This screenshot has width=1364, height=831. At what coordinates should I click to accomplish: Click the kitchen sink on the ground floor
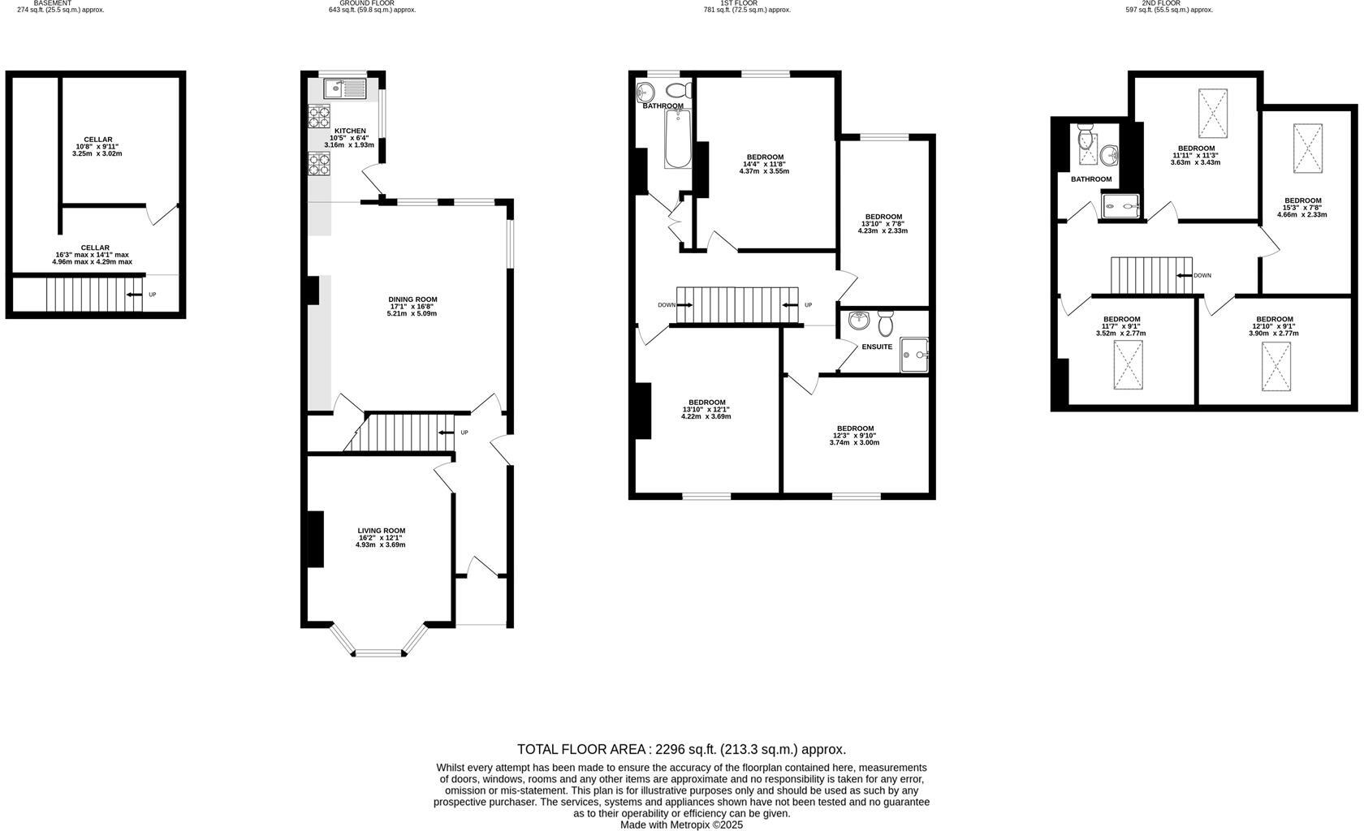tap(345, 86)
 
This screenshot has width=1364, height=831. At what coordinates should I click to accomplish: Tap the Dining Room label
tap(412, 299)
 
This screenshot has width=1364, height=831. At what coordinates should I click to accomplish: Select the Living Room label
tap(381, 531)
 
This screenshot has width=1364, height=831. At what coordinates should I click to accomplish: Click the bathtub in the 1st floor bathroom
tap(677, 140)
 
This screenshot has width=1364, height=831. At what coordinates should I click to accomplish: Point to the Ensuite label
tap(877, 347)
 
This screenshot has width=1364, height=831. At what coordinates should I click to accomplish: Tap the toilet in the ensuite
tap(885, 323)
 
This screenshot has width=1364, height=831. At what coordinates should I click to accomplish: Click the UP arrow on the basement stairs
tap(135, 295)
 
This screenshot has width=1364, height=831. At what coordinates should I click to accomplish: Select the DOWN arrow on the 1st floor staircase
tap(684, 305)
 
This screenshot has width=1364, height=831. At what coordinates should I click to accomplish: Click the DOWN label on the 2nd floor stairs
tap(1202, 275)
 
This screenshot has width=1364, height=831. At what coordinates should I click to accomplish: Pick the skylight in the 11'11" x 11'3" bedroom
tap(1213, 114)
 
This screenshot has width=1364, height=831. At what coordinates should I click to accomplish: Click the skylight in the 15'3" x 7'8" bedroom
tap(1307, 149)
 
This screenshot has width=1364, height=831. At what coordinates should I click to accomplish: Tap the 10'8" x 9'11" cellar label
tap(97, 140)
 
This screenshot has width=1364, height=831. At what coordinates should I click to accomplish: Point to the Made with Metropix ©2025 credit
tap(681, 825)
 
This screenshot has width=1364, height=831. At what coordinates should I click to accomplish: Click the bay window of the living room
tap(380, 652)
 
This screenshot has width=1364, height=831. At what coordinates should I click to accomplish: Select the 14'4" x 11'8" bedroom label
tap(765, 157)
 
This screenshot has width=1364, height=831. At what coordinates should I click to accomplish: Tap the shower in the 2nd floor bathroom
tap(1121, 206)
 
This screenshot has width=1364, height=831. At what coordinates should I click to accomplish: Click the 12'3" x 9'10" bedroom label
tap(855, 428)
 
